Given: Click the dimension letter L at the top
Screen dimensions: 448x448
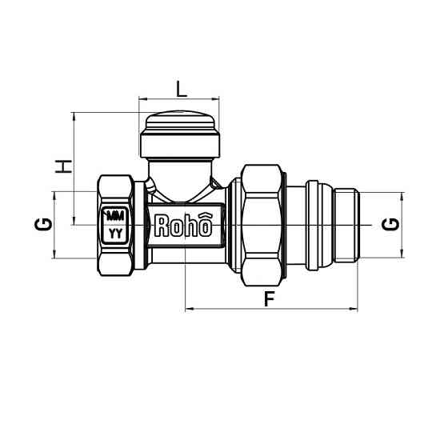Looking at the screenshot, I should click(181, 89).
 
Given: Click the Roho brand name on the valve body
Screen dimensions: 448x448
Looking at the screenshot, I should click(183, 226).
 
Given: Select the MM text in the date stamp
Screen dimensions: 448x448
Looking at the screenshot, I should click(116, 216).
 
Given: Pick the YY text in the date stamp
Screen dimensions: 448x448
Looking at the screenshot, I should click(116, 234).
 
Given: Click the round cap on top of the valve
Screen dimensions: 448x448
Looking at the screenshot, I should click(181, 136).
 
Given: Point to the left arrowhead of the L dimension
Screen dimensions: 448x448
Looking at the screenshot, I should click(142, 99).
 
